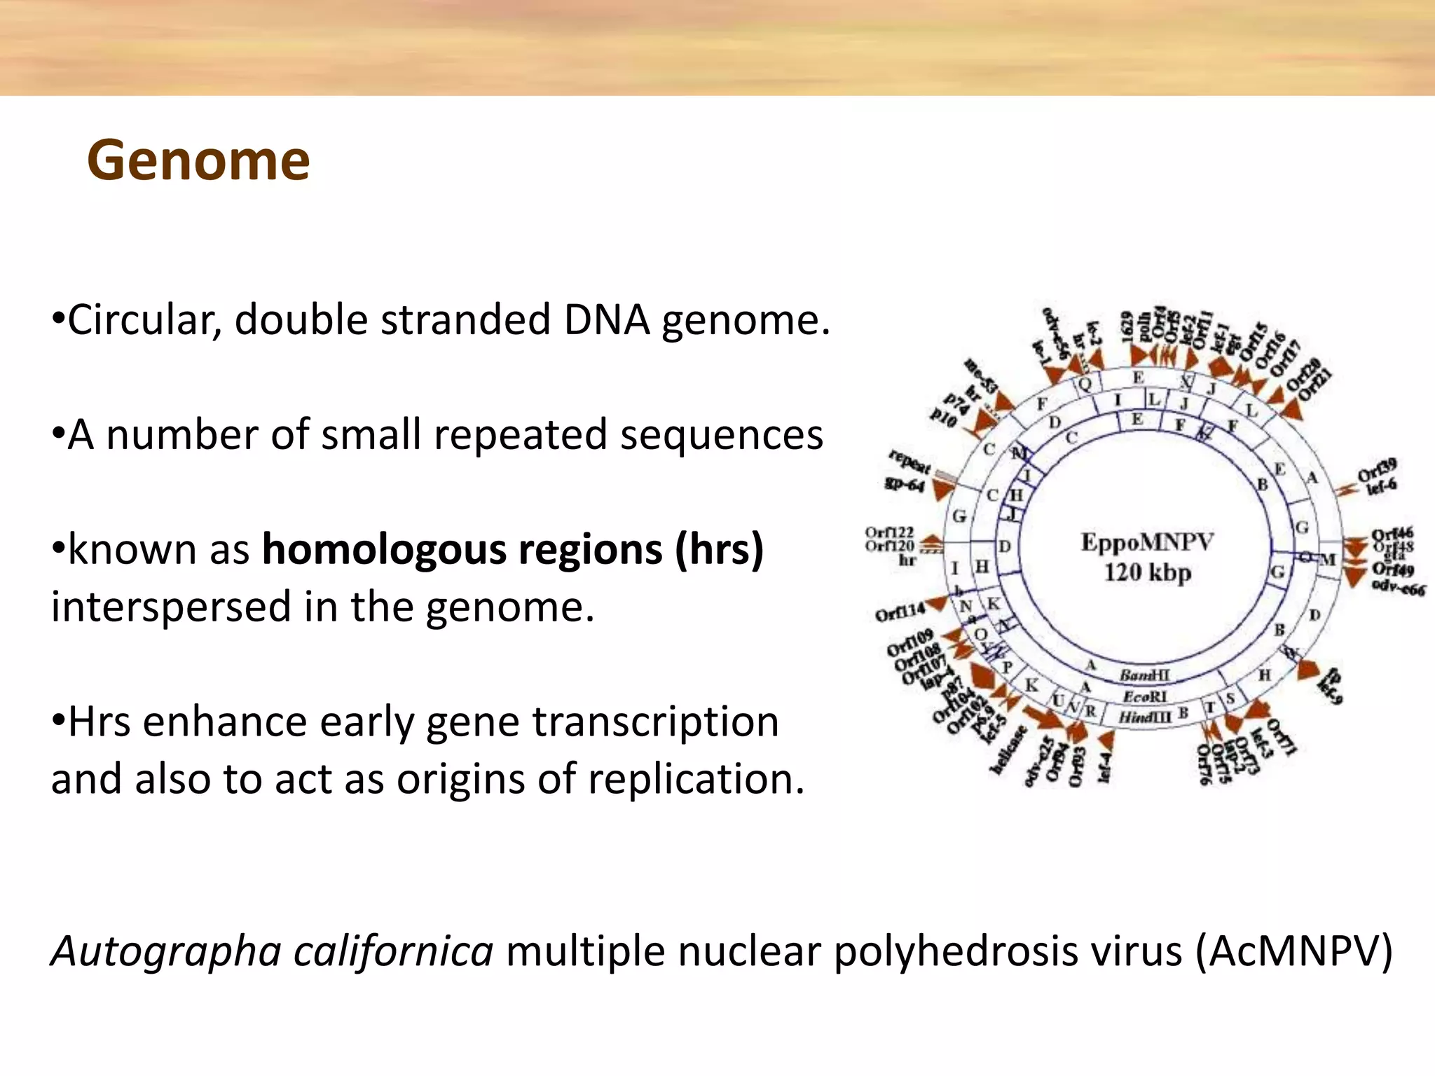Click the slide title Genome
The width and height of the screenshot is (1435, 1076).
coord(198,161)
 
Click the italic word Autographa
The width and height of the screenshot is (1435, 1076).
coord(166,951)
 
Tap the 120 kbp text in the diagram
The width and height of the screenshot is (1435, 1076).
coord(1147,573)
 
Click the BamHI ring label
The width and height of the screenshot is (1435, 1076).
coord(1144,676)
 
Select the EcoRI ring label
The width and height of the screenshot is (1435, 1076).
coord(1145,697)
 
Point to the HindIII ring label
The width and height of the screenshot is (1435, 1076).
coord(1144,717)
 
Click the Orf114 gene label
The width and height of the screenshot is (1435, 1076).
coord(900,612)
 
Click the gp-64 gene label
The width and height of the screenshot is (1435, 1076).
coord(905,484)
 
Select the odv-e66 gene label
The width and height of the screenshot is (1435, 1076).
coord(1398,588)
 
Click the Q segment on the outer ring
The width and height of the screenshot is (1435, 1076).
coord(1085,384)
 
